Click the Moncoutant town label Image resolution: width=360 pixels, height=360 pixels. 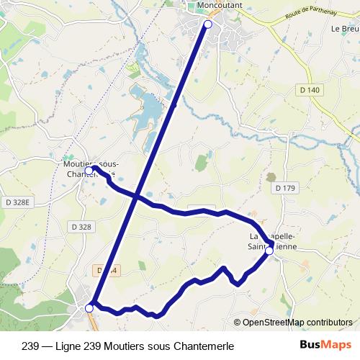pyautogui.click(x=215, y=6)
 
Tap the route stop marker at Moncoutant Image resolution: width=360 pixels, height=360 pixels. pyautogui.click(x=208, y=24)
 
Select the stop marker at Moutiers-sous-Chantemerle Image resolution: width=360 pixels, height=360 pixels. pyautogui.click(x=89, y=171)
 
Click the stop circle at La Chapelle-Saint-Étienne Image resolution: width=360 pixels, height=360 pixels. pyautogui.click(x=269, y=251)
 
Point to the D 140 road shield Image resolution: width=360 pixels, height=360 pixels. pyautogui.click(x=309, y=89)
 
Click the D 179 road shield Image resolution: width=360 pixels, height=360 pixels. pyautogui.click(x=285, y=188)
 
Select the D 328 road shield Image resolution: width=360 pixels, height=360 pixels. pyautogui.click(x=81, y=227)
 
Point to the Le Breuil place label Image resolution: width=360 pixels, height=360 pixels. pyautogui.click(x=345, y=30)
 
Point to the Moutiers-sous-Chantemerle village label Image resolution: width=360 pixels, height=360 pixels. pyautogui.click(x=86, y=168)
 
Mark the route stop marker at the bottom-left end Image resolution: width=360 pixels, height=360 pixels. pyautogui.click(x=89, y=308)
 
